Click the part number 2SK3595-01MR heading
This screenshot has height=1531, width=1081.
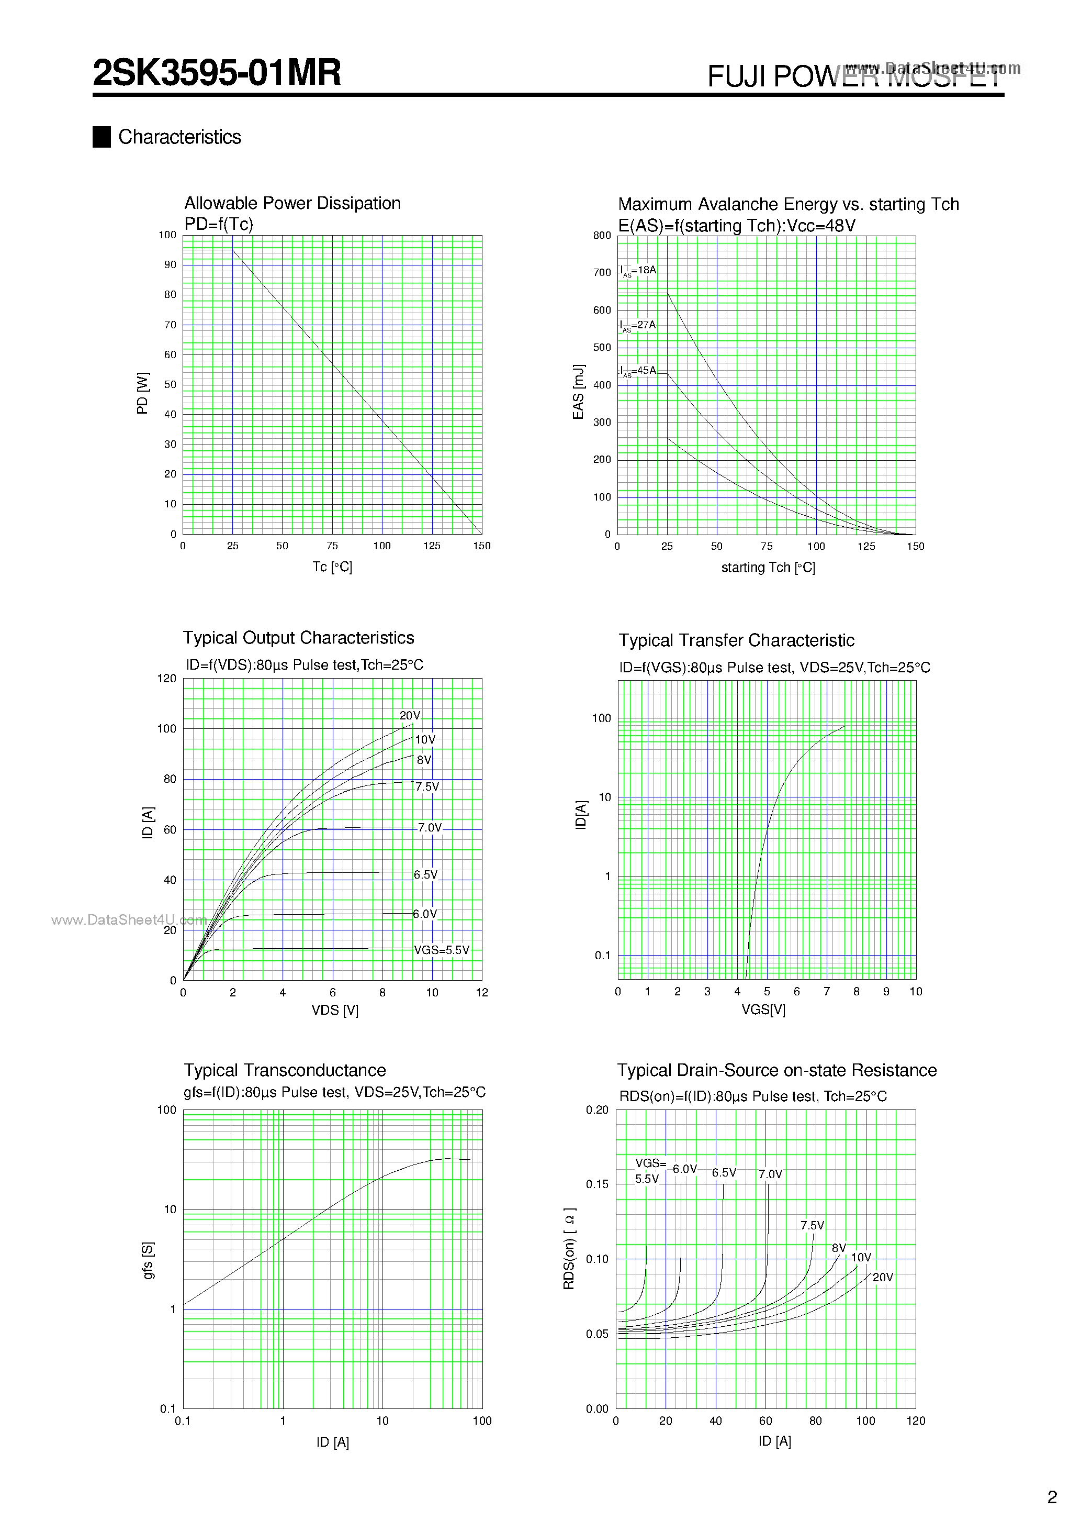tap(217, 73)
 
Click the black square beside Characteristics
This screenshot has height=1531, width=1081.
tap(102, 137)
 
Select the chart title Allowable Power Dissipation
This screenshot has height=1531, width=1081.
tap(292, 203)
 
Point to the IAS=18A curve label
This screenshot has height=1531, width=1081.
tap(638, 270)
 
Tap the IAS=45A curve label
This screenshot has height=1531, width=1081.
tap(638, 371)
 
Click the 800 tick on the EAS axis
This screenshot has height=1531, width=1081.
tap(601, 236)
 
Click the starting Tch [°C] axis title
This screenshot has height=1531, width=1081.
tap(768, 568)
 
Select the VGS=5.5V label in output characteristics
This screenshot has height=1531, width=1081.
tap(441, 950)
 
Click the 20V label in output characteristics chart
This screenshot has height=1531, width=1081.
tap(410, 715)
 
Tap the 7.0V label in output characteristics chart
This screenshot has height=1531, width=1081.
tap(429, 827)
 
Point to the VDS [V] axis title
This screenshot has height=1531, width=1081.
tap(334, 1010)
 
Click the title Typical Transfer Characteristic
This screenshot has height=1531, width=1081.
tap(736, 641)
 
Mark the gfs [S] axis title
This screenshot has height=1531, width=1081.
tap(148, 1260)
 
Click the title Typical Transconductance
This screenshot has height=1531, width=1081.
tap(285, 1070)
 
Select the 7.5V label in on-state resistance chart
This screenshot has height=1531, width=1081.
tap(812, 1226)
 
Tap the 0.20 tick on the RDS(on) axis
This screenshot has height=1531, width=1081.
tap(597, 1110)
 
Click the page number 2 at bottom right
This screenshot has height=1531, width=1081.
tap(1052, 1497)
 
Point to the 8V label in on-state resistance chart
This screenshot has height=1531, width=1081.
tap(838, 1248)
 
